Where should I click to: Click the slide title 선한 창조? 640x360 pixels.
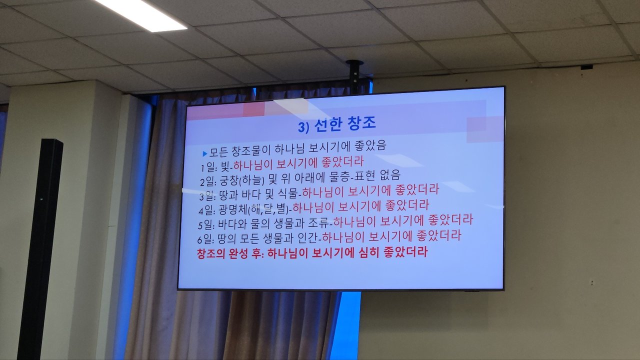point(345,124)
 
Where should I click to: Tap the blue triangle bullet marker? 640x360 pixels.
point(204,154)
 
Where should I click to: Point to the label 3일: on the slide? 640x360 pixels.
point(207,195)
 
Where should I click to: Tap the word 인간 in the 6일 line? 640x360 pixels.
point(308,238)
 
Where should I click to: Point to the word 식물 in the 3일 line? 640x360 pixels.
point(287,194)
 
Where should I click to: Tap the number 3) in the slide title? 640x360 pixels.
point(303,127)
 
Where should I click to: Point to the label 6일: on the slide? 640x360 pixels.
point(205,239)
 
